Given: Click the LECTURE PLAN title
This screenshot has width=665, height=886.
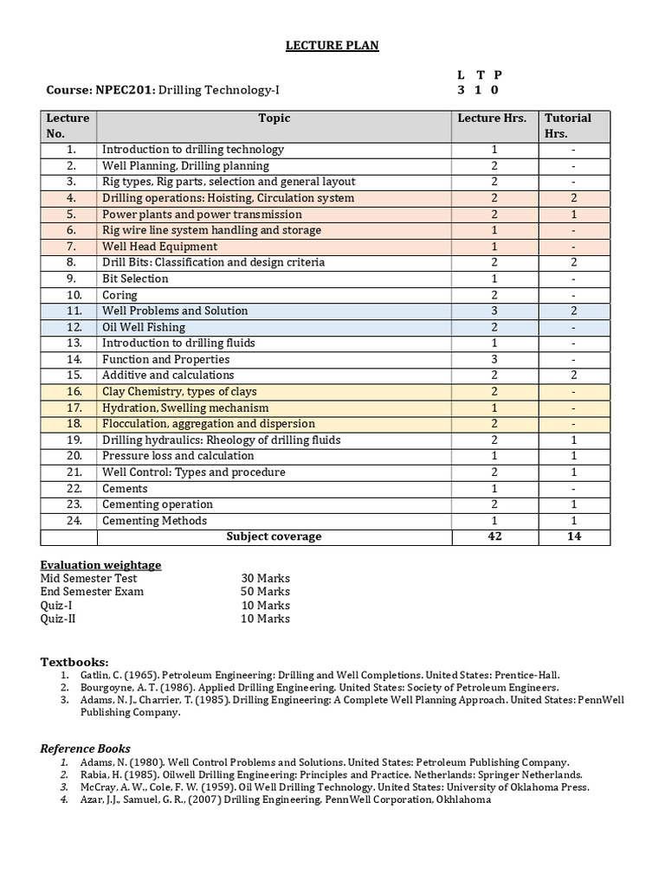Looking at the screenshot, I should point(332,45).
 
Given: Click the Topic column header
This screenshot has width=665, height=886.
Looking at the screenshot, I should point(274,119).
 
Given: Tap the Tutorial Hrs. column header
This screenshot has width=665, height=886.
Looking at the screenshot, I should point(567,125).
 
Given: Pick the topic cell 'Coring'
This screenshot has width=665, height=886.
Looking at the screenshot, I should point(119,295).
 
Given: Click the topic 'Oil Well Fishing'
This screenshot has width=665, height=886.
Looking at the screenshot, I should point(144,327).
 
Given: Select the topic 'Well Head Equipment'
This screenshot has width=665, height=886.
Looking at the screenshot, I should point(159,247).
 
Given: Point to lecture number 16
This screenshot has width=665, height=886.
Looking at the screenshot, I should point(74,392).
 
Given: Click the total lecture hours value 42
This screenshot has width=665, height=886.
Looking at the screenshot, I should point(494,536).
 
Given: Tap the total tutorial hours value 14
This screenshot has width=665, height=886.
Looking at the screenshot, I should point(573,536).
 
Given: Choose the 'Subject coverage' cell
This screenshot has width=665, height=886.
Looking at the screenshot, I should point(274,536).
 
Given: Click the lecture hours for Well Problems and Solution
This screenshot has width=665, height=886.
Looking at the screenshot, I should point(494,311).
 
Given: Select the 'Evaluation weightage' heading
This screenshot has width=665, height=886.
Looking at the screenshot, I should point(100,565).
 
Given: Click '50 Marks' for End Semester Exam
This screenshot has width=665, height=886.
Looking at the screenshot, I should point(265,592).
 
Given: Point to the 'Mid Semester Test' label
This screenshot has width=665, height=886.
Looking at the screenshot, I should point(88,578).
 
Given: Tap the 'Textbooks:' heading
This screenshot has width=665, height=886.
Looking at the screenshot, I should point(74,662).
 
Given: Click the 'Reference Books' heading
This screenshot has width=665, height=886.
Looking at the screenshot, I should point(86,748).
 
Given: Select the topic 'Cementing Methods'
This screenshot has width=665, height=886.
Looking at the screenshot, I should point(154,521).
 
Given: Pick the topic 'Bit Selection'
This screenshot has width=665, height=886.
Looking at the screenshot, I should point(135,279).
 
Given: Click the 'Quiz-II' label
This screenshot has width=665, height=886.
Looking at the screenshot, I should point(58,619).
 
